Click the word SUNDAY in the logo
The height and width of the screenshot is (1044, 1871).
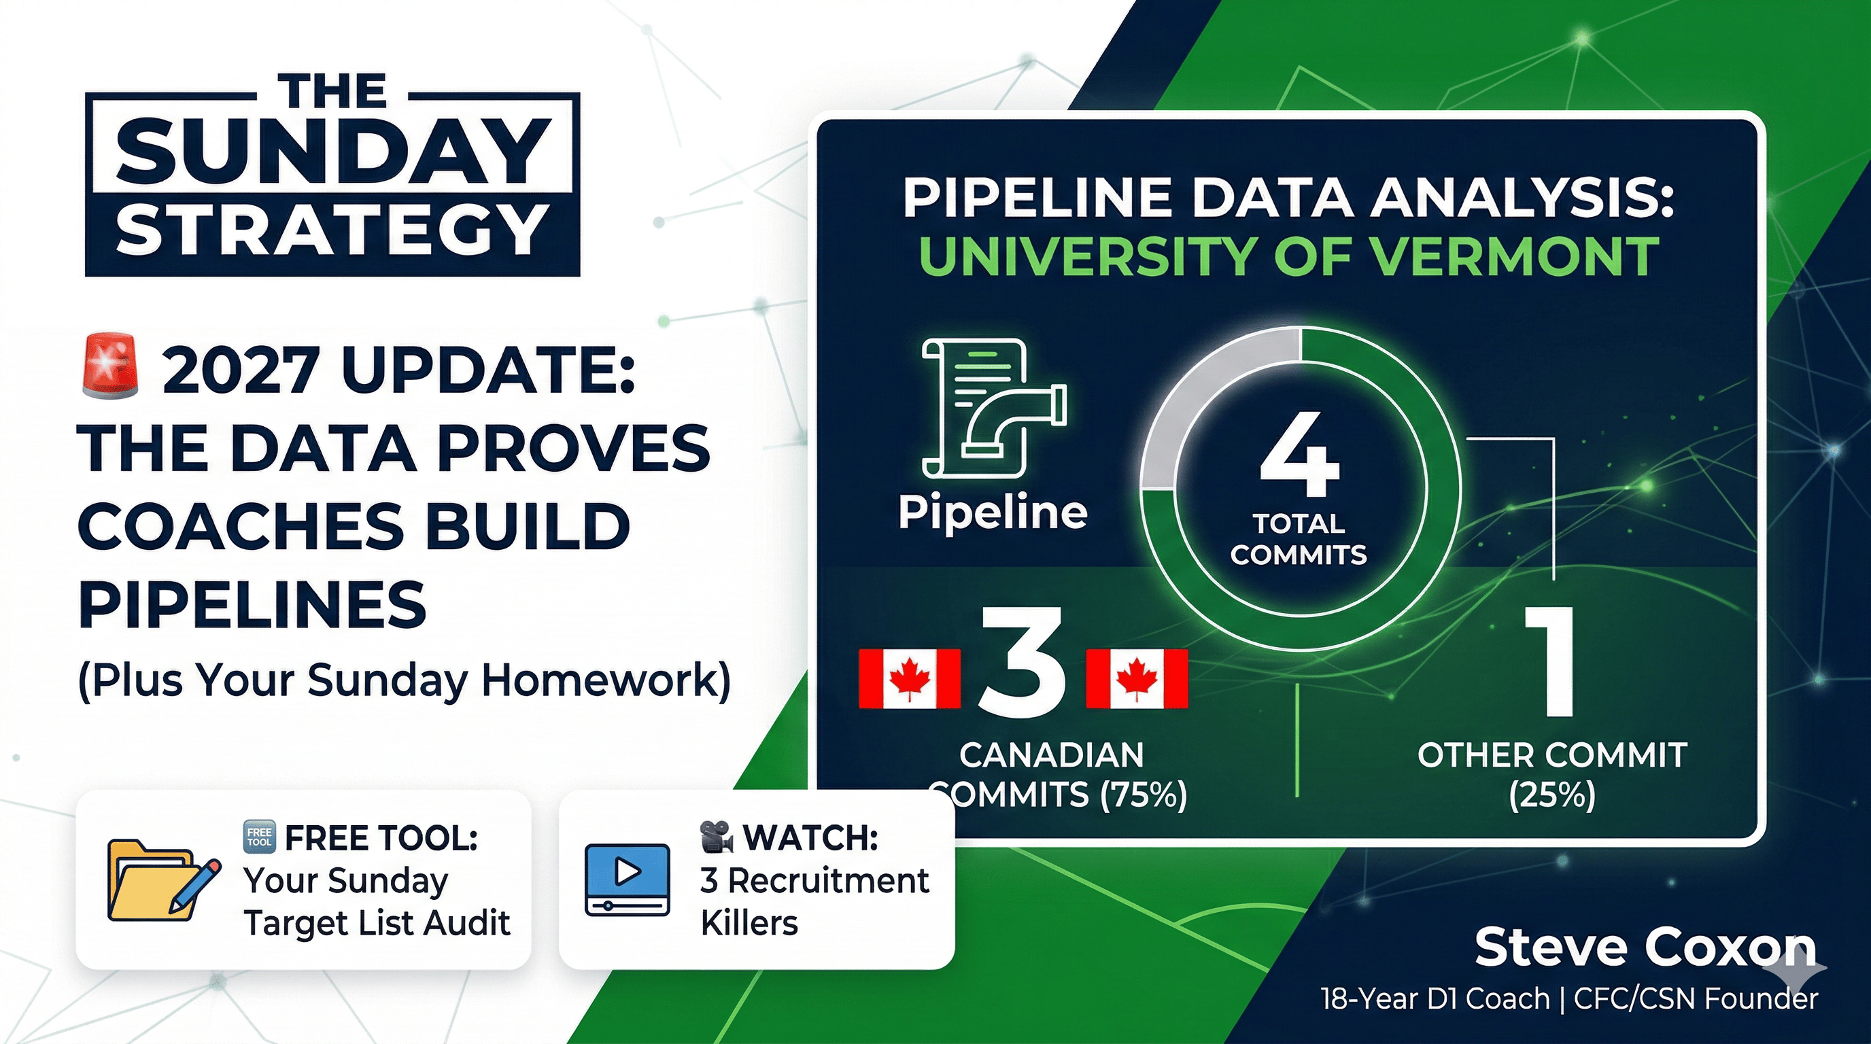[332, 154]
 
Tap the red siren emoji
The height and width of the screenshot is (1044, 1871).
[110, 366]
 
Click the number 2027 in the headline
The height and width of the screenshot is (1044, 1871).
[241, 370]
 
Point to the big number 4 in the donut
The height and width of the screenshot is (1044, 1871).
[1299, 455]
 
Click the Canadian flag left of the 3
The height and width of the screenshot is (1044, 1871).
[910, 679]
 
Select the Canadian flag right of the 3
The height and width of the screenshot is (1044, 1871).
[1137, 679]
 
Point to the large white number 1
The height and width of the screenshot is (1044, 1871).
[1550, 661]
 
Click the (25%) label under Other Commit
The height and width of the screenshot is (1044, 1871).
[1552, 795]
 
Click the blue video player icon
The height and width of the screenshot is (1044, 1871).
[628, 878]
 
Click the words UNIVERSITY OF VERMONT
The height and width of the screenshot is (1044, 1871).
[1289, 256]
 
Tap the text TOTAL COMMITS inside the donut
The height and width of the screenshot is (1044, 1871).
[1299, 539]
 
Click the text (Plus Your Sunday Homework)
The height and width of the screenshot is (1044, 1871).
[405, 682]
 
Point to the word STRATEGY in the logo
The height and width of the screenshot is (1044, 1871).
[332, 228]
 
